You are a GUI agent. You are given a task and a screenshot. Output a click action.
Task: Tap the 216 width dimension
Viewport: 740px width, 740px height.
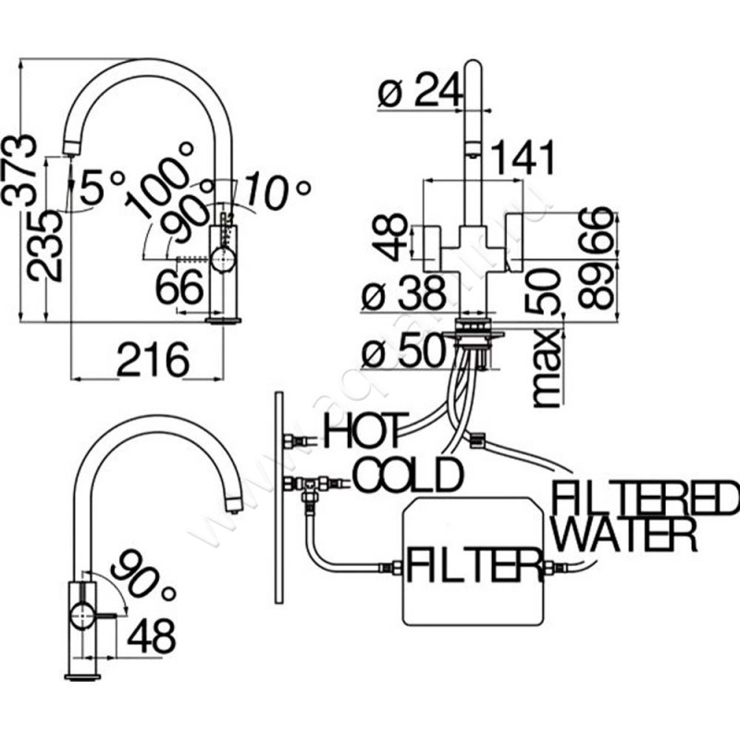[153, 359]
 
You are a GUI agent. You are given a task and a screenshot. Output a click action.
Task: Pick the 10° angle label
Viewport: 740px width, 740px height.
[277, 192]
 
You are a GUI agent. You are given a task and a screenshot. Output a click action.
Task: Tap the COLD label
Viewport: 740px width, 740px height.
[408, 475]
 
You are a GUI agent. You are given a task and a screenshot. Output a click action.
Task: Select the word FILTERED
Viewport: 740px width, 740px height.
[643, 499]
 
